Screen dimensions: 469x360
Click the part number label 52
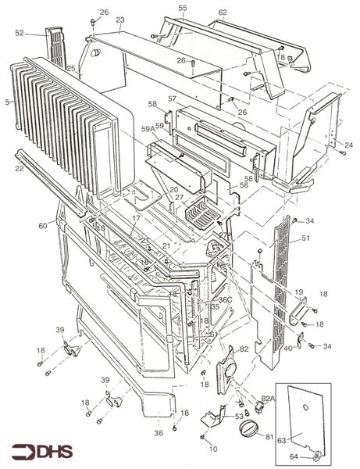(19, 33)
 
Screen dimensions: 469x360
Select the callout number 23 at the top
(119, 20)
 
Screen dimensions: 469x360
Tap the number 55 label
(182, 8)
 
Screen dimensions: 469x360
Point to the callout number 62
(223, 13)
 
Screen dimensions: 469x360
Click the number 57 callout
(172, 99)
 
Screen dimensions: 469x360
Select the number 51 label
(306, 238)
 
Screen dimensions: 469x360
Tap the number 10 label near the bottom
(213, 449)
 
